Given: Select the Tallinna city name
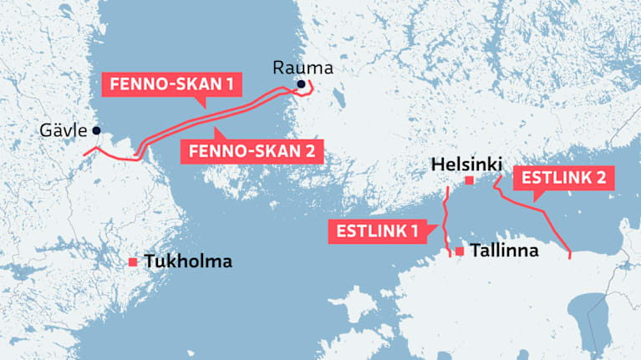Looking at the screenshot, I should (x=505, y=251).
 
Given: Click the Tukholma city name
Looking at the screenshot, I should (x=187, y=262).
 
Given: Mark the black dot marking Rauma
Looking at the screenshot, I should (x=301, y=84).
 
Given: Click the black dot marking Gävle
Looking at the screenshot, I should (x=97, y=130).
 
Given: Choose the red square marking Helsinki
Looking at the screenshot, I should (x=470, y=180).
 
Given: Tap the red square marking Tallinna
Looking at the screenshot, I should (x=460, y=251).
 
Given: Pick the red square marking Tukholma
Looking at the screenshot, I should (x=132, y=262).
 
